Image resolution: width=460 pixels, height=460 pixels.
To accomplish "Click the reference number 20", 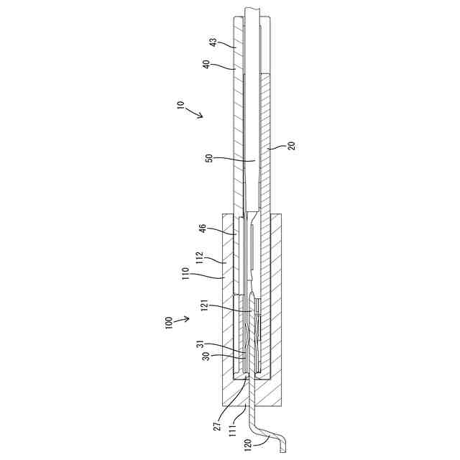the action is point(292,145).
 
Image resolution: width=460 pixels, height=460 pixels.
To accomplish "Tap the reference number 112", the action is point(201,257).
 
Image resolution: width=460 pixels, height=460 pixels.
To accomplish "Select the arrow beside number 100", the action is point(183,318).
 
